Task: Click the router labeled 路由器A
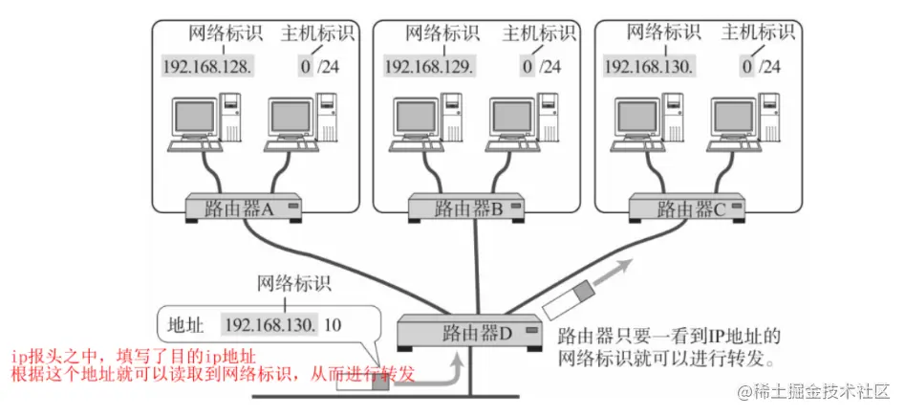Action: [244, 208]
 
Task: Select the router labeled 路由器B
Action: [467, 208]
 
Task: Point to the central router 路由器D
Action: [468, 334]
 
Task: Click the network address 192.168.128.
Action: [208, 67]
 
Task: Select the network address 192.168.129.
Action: [429, 67]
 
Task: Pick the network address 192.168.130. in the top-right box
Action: [650, 67]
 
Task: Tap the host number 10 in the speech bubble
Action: [332, 324]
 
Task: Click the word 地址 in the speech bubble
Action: [185, 324]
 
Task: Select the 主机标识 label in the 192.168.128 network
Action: [317, 34]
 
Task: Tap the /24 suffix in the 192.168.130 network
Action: [769, 67]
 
